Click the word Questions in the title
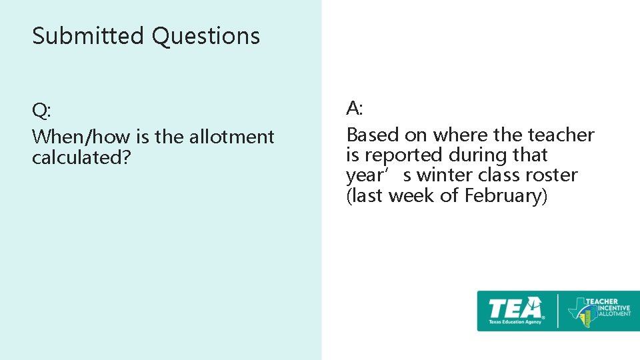tap(205, 36)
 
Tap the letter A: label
tap(354, 108)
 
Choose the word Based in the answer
tap(373, 135)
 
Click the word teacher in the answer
tap(561, 135)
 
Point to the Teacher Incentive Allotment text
tap(607, 307)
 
